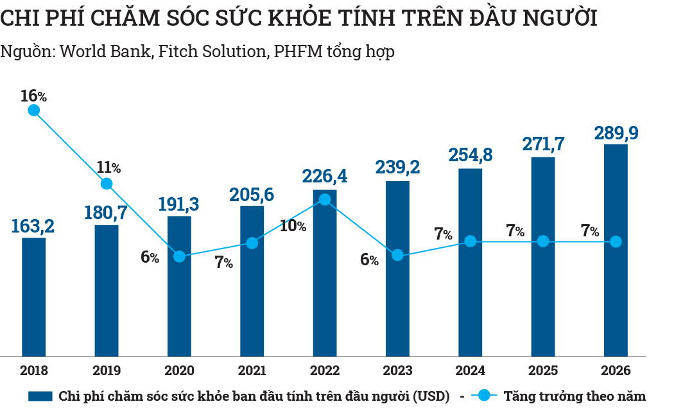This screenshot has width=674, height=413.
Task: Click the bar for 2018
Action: pyautogui.click(x=34, y=297)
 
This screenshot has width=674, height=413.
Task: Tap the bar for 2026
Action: pyautogui.click(x=616, y=250)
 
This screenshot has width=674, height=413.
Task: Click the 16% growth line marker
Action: pyautogui.click(x=34, y=110)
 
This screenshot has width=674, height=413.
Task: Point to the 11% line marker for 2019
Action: pyautogui.click(x=107, y=184)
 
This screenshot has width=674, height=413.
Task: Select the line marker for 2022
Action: pyautogui.click(x=325, y=200)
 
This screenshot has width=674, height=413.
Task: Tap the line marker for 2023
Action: pyautogui.click(x=397, y=255)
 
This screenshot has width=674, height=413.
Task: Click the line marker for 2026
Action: pyautogui.click(x=616, y=242)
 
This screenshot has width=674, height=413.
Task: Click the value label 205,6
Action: pyautogui.click(x=252, y=194)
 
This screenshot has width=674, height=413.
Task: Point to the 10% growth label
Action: pyautogui.click(x=293, y=226)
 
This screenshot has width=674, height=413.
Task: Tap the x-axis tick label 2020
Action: pyautogui.click(x=179, y=371)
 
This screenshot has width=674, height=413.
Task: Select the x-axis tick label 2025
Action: pyautogui.click(x=543, y=371)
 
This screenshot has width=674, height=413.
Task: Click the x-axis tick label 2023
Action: pyautogui.click(x=397, y=371)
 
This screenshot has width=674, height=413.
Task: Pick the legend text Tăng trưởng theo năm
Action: pyautogui.click(x=575, y=396)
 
